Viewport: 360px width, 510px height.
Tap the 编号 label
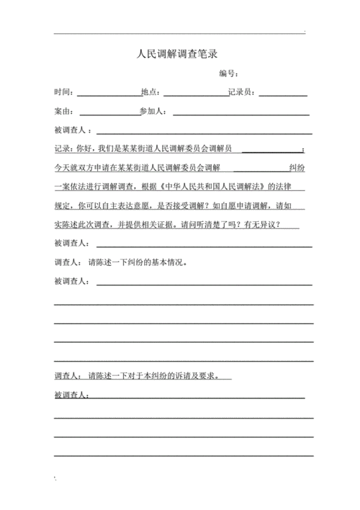click(x=229, y=73)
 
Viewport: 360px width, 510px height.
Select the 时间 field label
click(x=64, y=92)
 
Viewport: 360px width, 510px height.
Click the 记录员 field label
click(x=240, y=92)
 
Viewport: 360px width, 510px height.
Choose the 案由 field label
click(x=64, y=112)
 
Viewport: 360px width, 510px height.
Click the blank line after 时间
click(x=109, y=94)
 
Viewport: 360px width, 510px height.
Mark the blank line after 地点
click(x=195, y=94)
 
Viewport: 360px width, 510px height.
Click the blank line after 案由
click(x=109, y=114)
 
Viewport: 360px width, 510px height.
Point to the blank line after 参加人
click(x=240, y=114)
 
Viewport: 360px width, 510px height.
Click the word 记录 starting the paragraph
click(x=62, y=149)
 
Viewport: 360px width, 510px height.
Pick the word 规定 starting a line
click(x=62, y=205)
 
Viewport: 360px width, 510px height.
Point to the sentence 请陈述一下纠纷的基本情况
click(x=138, y=262)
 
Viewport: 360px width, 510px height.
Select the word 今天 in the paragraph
click(x=62, y=168)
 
